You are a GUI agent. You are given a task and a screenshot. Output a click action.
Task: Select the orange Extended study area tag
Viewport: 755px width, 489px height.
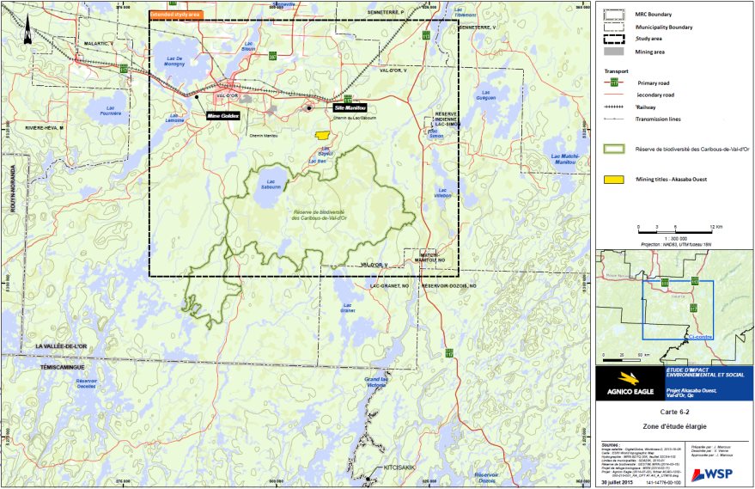click(x=176, y=15)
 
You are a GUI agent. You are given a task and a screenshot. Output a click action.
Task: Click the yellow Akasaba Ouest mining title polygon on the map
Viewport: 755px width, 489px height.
click(x=322, y=135)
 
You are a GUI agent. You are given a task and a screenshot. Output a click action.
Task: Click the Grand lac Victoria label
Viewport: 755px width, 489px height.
click(x=377, y=382)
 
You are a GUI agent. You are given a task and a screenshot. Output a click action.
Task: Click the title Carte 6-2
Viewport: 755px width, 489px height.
click(x=673, y=413)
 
